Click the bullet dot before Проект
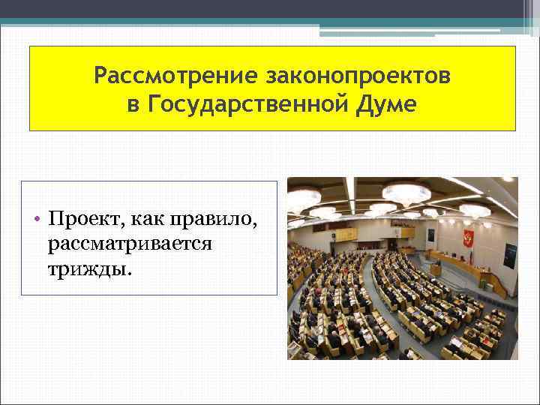pyautogui.click(x=36, y=219)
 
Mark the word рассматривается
pyautogui.click(x=129, y=244)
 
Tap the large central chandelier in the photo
pyautogui.click(x=406, y=193)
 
